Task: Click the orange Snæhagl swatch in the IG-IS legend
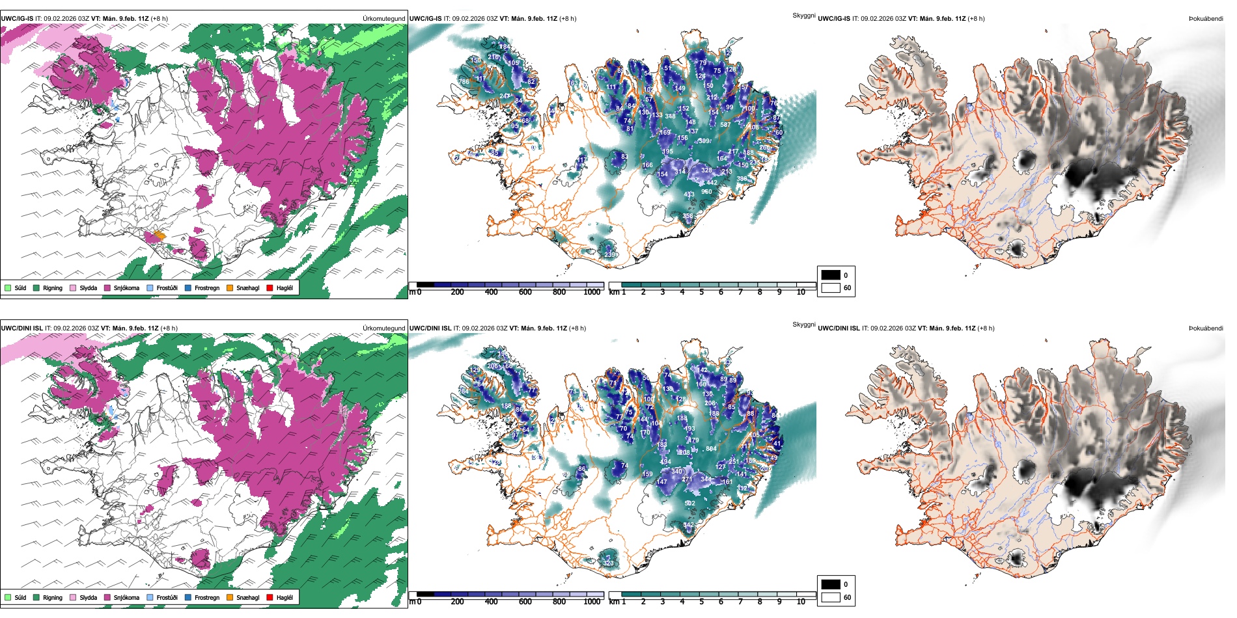point(230,288)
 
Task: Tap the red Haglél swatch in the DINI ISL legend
point(270,597)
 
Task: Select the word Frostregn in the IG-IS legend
point(206,288)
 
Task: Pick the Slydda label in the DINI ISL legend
point(88,597)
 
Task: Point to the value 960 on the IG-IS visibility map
point(706,192)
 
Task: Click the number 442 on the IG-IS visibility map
point(712,183)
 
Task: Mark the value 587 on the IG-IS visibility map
point(725,125)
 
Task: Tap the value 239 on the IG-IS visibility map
point(609,254)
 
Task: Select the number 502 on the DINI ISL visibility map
point(690,503)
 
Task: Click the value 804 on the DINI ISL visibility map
point(711,449)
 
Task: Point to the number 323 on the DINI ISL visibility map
point(608,563)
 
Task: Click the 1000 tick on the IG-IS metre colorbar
point(592,292)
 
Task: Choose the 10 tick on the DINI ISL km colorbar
point(801,602)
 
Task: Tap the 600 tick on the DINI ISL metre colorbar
point(525,602)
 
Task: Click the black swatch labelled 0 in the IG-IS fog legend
point(831,275)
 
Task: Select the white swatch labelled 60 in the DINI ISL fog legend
point(831,597)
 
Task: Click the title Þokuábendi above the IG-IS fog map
point(1206,19)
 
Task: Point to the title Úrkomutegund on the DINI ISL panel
point(383,329)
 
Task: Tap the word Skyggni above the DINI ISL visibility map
point(803,325)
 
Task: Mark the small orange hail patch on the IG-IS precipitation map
point(160,235)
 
